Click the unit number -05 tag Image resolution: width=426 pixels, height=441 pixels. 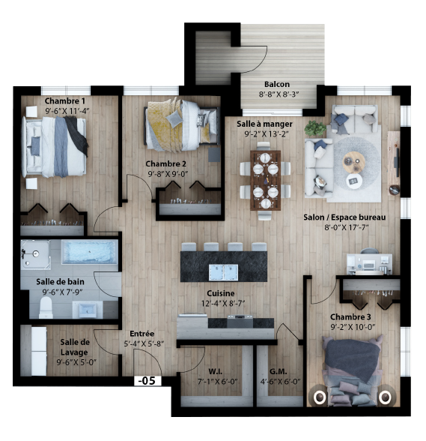pos(148,380)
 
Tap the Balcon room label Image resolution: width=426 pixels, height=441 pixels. pos(277,84)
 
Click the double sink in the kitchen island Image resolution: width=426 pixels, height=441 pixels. pos(223,272)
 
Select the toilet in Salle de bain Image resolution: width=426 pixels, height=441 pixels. pos(46,307)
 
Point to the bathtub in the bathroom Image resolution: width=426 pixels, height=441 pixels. pos(89,252)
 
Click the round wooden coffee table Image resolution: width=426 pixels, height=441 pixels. pos(354,162)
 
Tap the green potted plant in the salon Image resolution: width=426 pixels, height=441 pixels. pos(316,128)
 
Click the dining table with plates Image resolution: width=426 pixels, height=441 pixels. pos(265,180)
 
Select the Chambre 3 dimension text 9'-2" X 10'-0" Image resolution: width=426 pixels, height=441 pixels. pos(353,327)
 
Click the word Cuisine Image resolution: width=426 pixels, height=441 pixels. pos(221,293)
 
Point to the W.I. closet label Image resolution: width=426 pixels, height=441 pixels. pos(216,371)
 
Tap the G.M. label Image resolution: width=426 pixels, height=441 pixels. pos(279,371)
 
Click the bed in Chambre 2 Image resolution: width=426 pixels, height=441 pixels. pos(181,124)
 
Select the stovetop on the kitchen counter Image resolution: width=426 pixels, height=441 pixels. pos(240,321)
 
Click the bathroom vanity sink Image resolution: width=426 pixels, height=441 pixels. pos(88,309)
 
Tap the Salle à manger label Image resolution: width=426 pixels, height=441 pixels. pos(264,124)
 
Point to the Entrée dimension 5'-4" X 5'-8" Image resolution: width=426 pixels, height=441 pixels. pos(144,343)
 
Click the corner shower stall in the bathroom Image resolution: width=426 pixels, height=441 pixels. pos(35,254)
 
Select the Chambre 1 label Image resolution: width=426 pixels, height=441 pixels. pos(65,100)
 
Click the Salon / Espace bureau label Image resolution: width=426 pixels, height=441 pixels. pos(344,217)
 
